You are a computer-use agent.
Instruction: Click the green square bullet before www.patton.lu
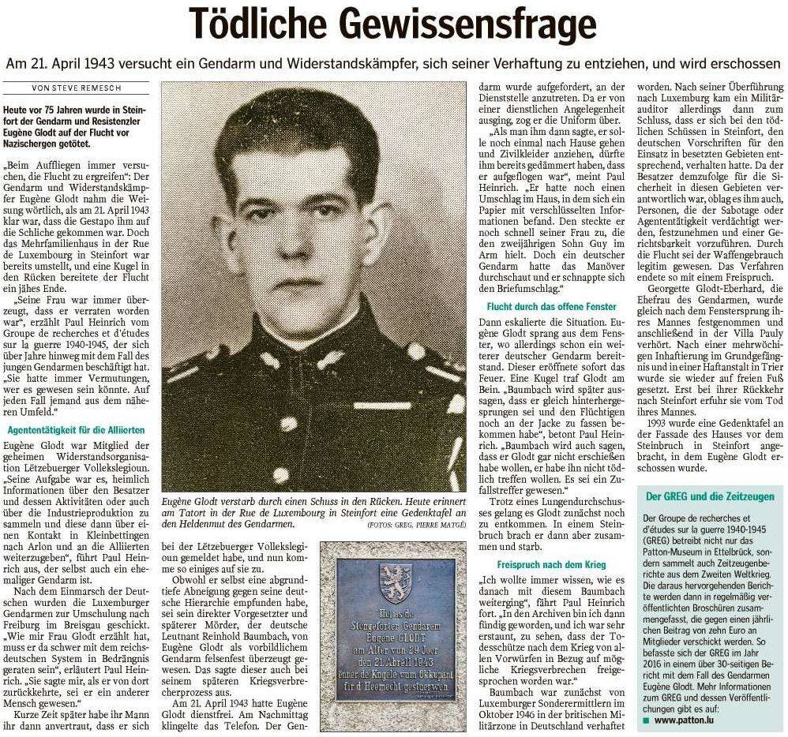pyautogui.click(x=647, y=721)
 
